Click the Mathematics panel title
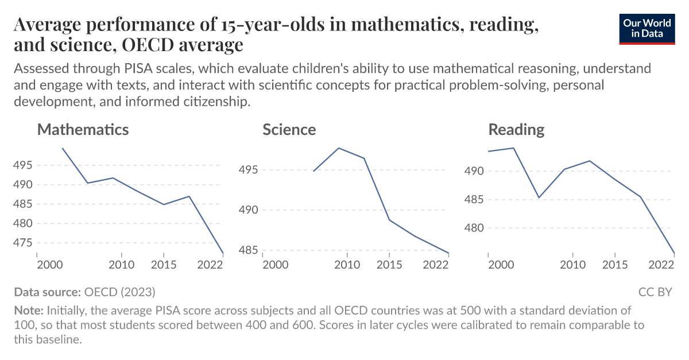[x=83, y=129]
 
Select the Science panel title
[x=289, y=129]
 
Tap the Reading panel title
[x=516, y=129]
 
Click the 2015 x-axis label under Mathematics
[x=164, y=265]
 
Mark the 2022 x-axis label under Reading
[x=661, y=265]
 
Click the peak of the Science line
[x=339, y=148]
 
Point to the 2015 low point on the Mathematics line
[x=164, y=204]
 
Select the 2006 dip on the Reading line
[x=539, y=198]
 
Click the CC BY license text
[x=655, y=292]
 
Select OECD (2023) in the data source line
[x=119, y=292]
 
